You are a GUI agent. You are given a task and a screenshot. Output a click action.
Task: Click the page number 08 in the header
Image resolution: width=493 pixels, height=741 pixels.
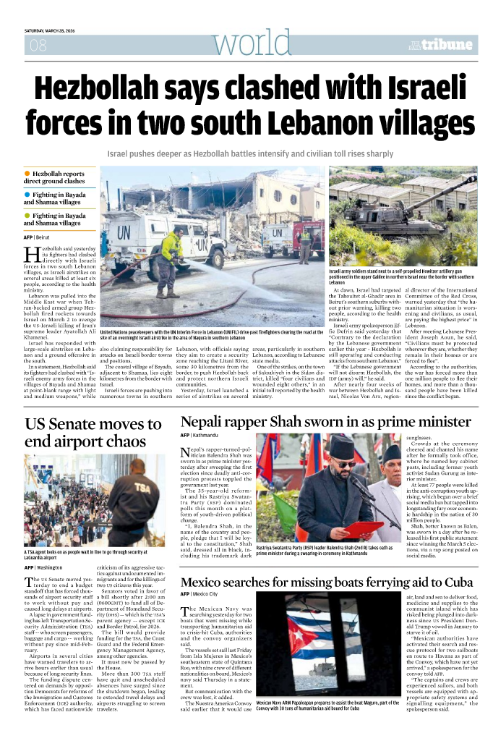(35, 46)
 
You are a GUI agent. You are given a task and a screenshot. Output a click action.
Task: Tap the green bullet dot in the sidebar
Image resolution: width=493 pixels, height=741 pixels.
(27, 215)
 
